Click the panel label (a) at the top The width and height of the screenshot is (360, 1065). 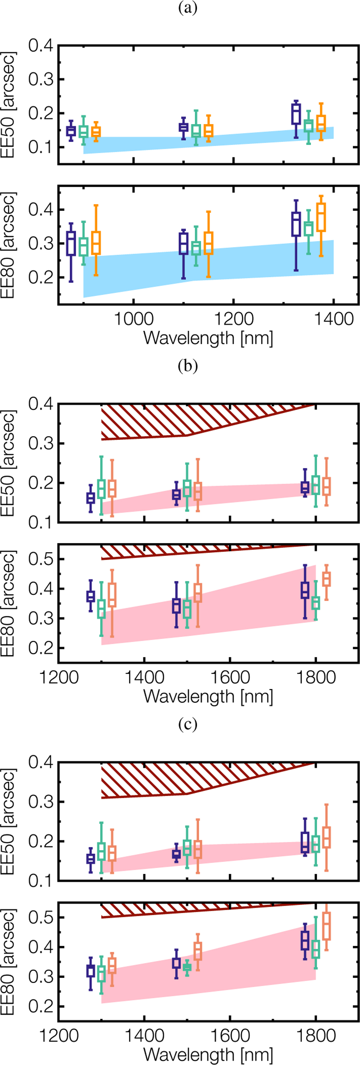pos(187,8)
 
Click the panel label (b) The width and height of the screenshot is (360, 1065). pos(187,366)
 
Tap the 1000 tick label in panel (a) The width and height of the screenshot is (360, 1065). pos(133,319)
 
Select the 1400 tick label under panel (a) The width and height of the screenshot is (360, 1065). pos(333,319)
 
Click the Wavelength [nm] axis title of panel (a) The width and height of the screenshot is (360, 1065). pos(208,339)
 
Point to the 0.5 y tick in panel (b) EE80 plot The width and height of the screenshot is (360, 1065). pos(41,559)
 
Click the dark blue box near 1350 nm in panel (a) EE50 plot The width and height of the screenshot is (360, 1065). pos(295,114)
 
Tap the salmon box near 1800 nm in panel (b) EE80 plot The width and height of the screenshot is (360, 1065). pos(326,579)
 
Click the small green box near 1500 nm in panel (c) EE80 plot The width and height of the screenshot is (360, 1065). pos(187,967)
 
